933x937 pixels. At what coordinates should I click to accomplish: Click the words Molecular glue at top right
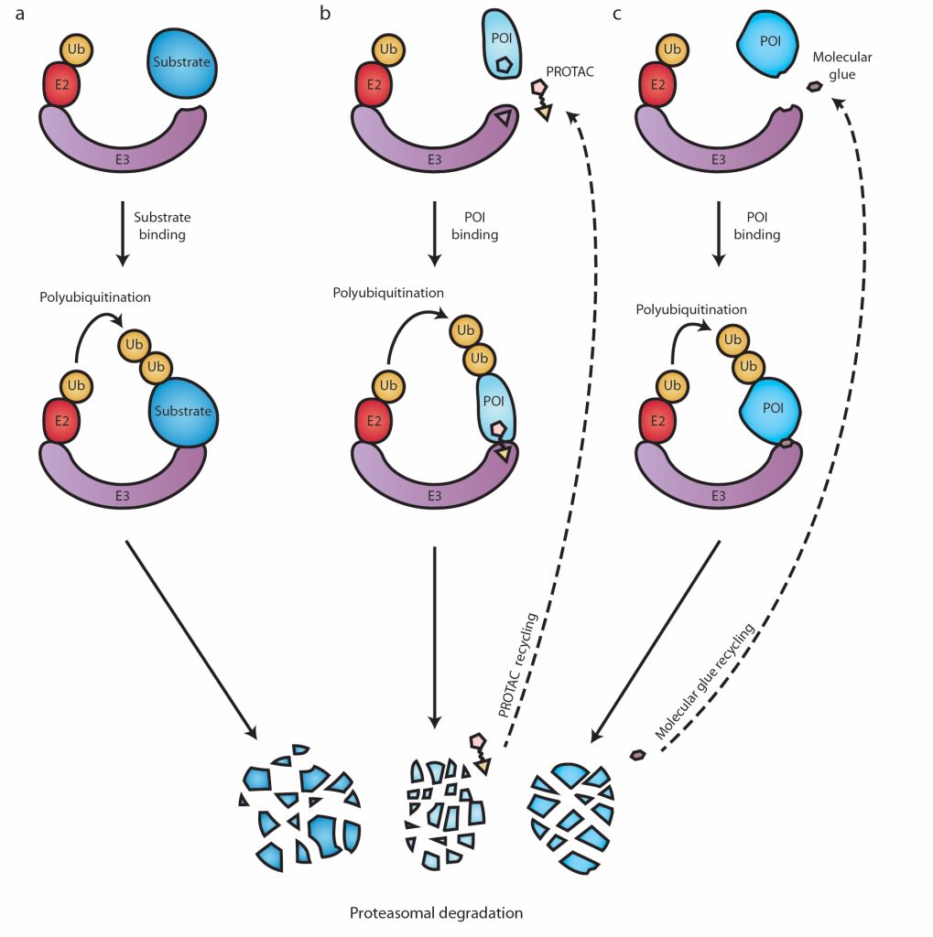click(x=842, y=65)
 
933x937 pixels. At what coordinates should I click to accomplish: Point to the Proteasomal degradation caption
click(x=436, y=912)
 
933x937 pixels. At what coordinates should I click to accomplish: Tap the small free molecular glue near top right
click(x=812, y=88)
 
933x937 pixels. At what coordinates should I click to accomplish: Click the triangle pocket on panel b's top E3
click(x=503, y=117)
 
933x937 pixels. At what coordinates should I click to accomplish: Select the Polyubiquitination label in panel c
click(x=691, y=309)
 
